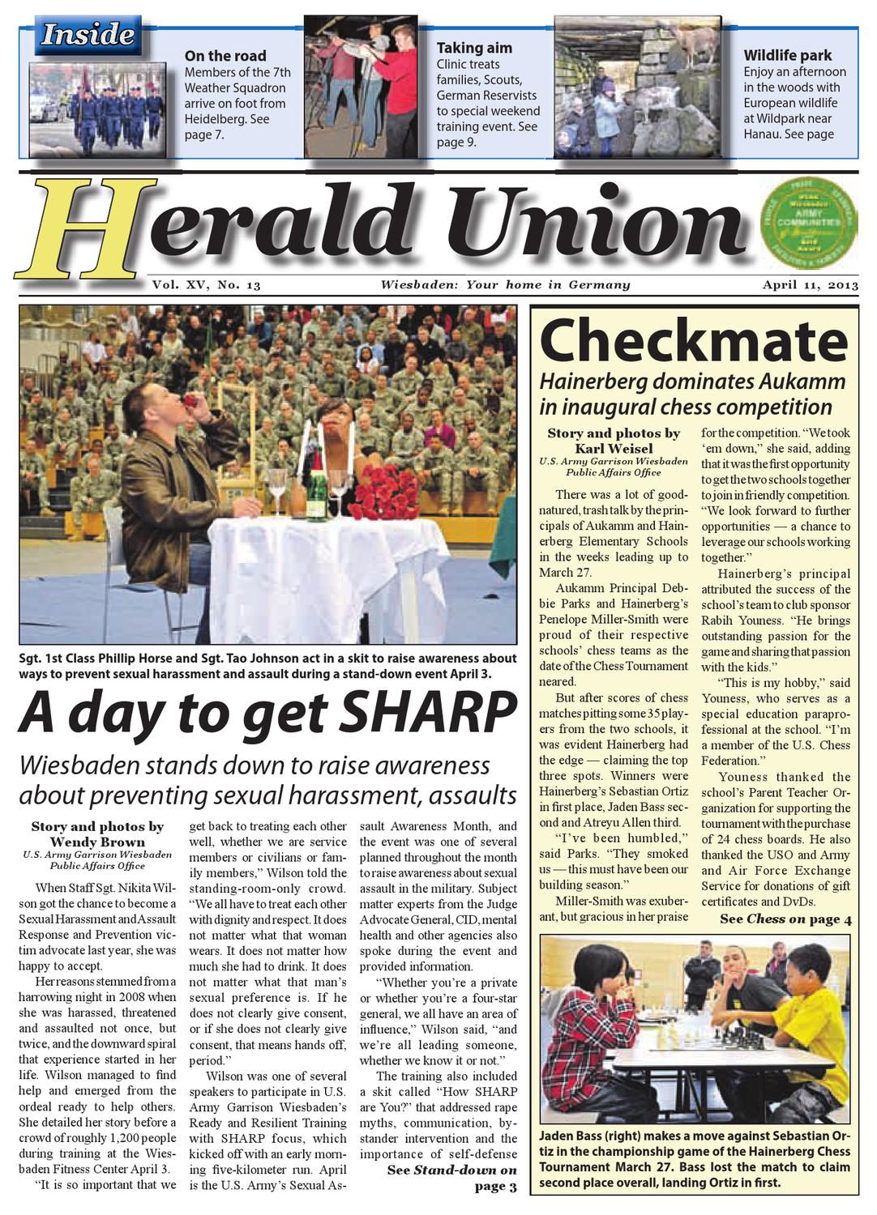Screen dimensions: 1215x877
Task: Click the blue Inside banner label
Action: [88, 35]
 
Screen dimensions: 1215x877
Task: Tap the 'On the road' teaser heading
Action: [225, 56]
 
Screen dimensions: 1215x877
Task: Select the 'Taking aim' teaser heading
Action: [474, 48]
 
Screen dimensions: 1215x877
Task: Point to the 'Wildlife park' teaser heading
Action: [787, 55]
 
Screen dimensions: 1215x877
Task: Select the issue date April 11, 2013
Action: [810, 285]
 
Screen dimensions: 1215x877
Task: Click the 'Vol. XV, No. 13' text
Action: [206, 285]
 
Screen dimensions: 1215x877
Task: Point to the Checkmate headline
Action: [693, 341]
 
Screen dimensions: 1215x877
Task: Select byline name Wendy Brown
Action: [97, 842]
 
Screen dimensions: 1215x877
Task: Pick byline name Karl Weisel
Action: [614, 448]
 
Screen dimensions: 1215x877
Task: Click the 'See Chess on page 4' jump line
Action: [785, 919]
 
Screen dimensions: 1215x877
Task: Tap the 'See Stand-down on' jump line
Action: [451, 1170]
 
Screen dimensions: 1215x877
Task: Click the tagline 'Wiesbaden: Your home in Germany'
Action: [505, 285]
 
